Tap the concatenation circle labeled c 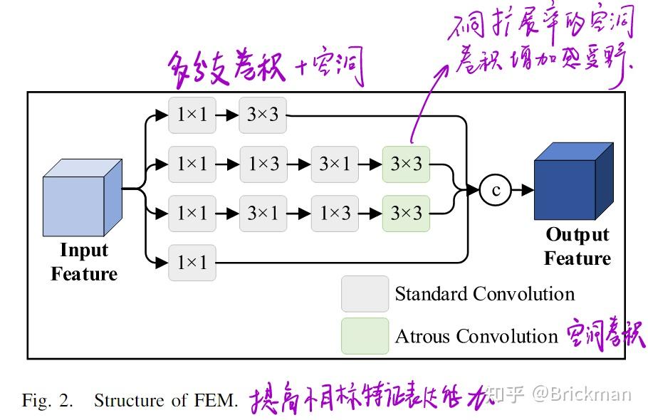(496, 189)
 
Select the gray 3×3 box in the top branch (263, 115)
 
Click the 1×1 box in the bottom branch (192, 263)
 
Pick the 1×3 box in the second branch (263, 164)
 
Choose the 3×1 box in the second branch (334, 164)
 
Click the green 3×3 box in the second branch (406, 164)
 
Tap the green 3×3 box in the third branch (406, 213)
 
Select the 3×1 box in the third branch (263, 213)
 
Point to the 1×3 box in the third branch (334, 213)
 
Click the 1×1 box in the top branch (192, 115)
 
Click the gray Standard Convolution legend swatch (365, 294)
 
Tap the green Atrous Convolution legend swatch (365, 335)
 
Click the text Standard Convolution (484, 294)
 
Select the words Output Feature (577, 246)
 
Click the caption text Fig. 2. (47, 400)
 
